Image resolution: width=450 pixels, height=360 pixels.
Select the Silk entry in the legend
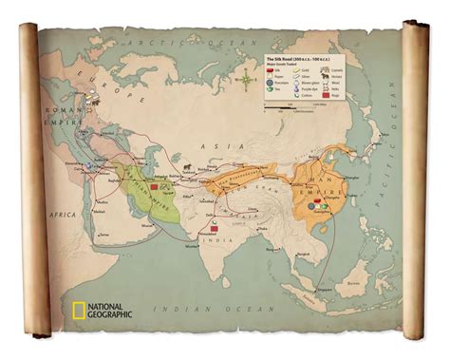pyautogui.click(x=272, y=70)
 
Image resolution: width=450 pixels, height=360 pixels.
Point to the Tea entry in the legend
pyautogui.click(x=272, y=89)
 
